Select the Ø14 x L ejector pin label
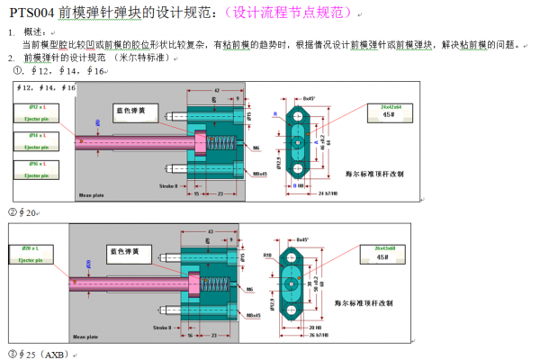37,138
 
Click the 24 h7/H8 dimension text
328,193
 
